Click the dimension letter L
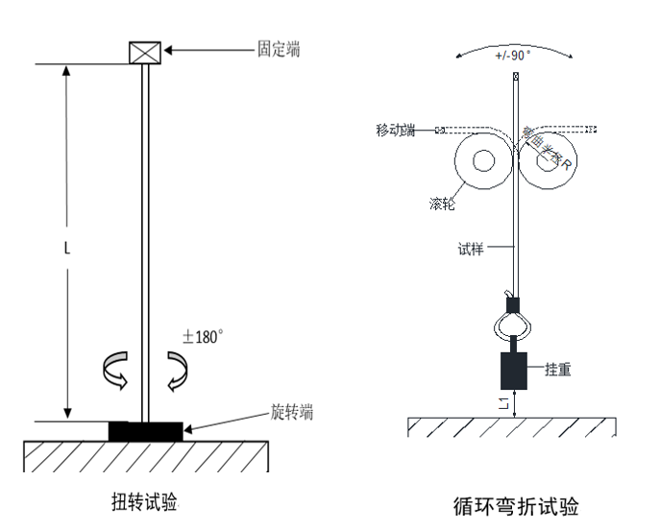(66, 247)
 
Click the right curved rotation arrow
(177, 372)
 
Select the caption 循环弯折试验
(517, 505)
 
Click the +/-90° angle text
(512, 56)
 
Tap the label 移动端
(395, 130)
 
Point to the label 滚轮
(443, 204)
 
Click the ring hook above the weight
(514, 325)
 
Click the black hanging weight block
(514, 370)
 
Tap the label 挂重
(558, 370)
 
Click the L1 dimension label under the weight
(505, 405)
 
